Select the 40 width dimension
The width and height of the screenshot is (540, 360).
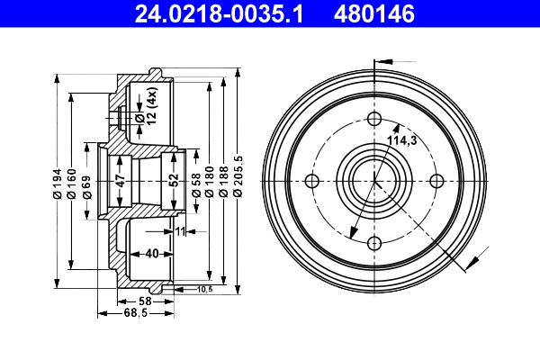[152, 253]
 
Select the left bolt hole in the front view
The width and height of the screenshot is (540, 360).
[313, 181]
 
